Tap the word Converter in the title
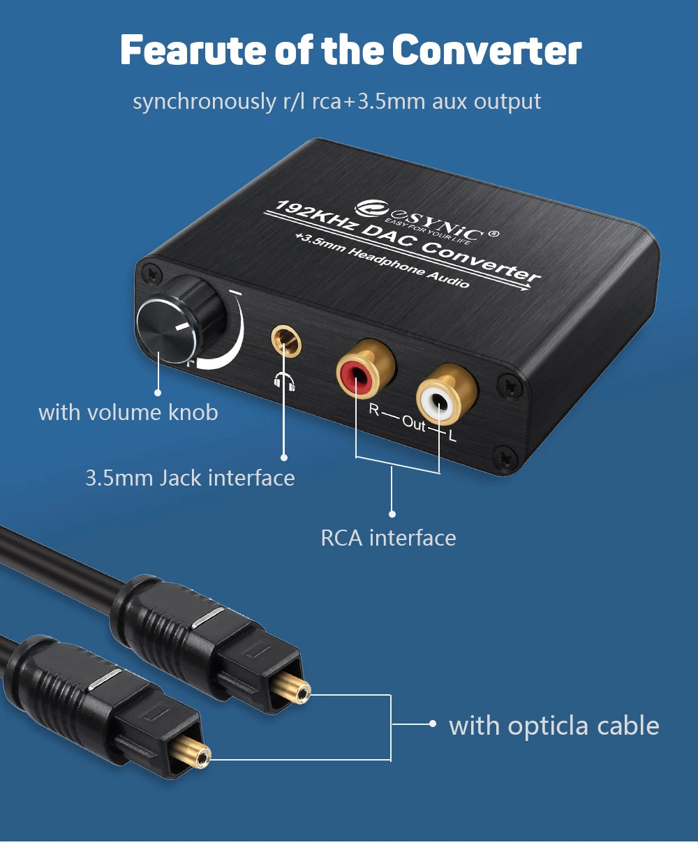tap(487, 50)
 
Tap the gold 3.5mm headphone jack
tap(286, 342)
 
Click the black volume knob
tap(180, 320)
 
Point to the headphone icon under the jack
tap(285, 381)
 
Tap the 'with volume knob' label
tap(128, 413)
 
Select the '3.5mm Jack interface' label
tap(190, 478)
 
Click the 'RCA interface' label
tap(388, 538)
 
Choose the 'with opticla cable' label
tap(554, 726)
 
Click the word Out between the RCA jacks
tap(414, 424)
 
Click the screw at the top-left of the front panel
tap(152, 274)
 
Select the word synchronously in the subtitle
tap(205, 102)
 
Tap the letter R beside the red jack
tap(373, 410)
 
